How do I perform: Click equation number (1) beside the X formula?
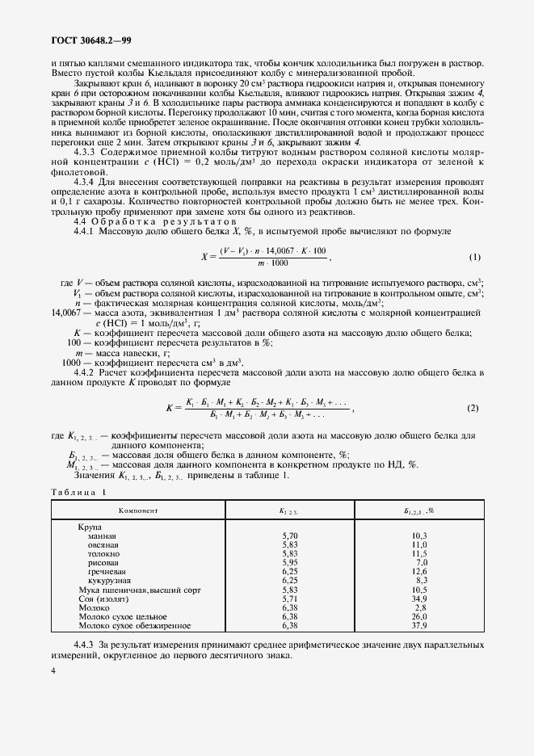pos(475,258)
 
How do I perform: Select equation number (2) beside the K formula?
pos(473,408)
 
